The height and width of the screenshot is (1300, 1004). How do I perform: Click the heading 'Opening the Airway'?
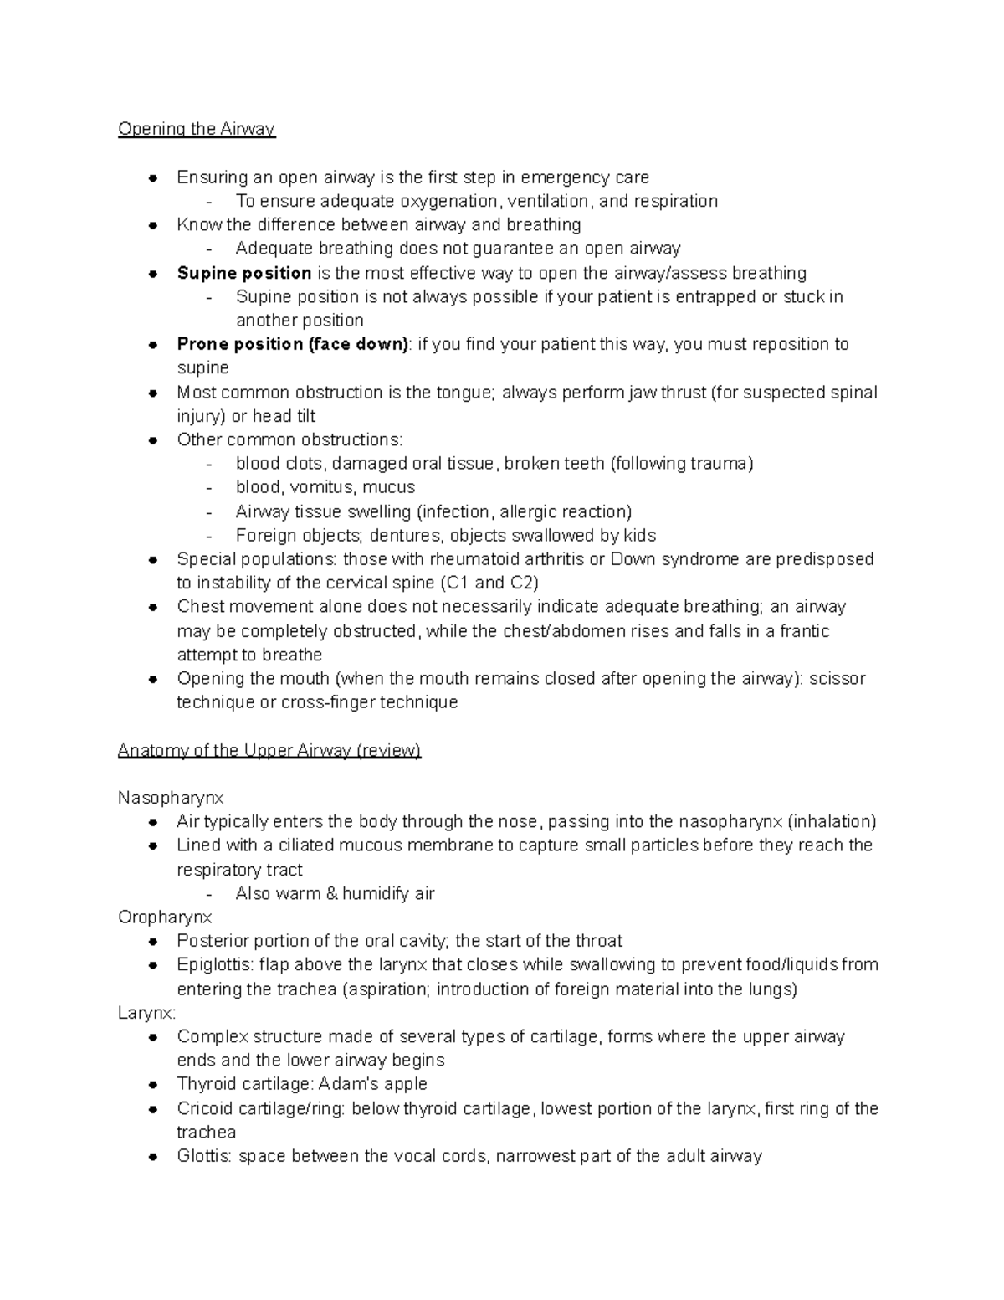pos(197,129)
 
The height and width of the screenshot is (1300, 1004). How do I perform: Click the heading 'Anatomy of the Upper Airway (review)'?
pos(269,750)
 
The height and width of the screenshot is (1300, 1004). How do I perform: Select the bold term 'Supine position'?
pos(244,273)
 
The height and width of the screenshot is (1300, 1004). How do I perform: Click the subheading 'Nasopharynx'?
pos(171,798)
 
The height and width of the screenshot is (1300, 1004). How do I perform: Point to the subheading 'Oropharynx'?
pos(165,917)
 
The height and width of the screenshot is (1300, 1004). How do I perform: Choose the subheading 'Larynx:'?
pos(147,1013)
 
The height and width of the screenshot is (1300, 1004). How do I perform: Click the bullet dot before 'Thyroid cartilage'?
pos(153,1085)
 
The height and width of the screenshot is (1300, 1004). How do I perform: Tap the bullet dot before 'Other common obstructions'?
pos(153,440)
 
